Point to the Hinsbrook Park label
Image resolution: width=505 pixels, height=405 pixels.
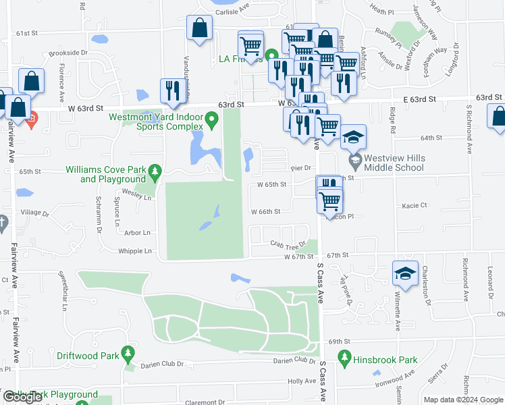tap(388, 360)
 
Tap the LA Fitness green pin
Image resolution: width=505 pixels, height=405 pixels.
tap(271, 57)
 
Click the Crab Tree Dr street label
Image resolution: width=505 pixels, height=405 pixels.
tap(284, 244)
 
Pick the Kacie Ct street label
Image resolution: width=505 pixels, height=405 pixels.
tap(414, 205)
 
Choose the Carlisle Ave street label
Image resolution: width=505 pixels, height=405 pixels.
tap(232, 11)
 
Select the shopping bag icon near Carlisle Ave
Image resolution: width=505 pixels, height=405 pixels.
tap(201, 29)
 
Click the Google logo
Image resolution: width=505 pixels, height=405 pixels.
tap(23, 398)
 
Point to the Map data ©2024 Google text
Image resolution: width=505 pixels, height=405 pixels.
tap(462, 400)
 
